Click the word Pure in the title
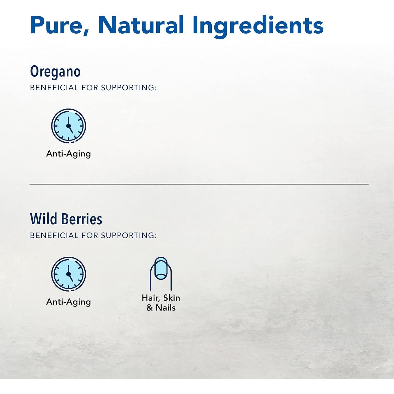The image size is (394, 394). [60, 25]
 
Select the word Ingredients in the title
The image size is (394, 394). [258, 26]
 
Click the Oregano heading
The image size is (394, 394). [55, 71]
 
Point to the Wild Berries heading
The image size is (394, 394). [66, 219]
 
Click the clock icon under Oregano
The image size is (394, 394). [69, 126]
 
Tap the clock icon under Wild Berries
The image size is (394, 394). [69, 274]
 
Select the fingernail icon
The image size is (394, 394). [161, 273]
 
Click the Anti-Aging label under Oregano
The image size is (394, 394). [69, 154]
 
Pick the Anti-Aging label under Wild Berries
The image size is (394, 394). [69, 302]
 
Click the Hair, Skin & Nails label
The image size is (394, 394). [161, 303]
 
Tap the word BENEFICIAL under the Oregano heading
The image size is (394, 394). [54, 88]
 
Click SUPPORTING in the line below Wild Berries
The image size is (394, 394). [129, 236]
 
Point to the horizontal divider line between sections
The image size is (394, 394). [199, 184]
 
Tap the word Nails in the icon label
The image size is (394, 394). [165, 308]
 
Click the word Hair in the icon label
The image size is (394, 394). [151, 298]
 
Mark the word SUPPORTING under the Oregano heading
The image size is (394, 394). [129, 88]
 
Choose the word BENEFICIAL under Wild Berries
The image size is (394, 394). [54, 236]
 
